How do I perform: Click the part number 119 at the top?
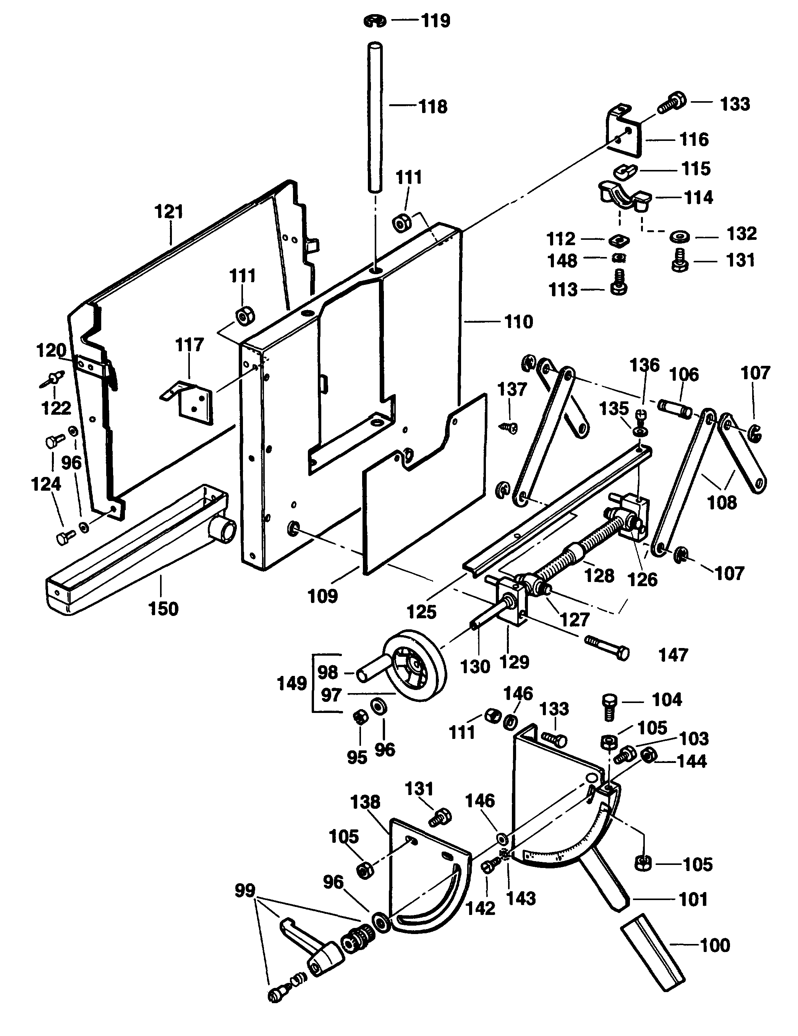[435, 21]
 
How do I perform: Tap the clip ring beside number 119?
[375, 21]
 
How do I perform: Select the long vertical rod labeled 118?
[375, 119]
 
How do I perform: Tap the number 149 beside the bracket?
[292, 684]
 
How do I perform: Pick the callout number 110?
[518, 322]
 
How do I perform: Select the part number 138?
[365, 802]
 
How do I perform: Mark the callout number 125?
[421, 612]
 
